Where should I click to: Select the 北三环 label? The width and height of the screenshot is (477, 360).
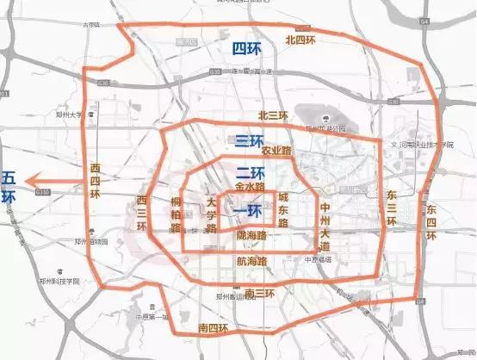click(274, 115)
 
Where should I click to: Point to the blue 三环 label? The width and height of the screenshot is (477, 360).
click(249, 140)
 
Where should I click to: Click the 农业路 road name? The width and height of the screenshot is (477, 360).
click(278, 151)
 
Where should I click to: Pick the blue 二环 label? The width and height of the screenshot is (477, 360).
click(249, 171)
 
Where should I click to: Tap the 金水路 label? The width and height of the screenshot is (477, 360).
click(250, 185)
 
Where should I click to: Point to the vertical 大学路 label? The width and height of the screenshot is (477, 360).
click(211, 215)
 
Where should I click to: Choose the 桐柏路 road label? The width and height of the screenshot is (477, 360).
click(176, 215)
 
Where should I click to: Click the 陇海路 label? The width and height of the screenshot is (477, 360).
click(250, 234)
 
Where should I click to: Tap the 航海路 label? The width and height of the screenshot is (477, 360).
click(251, 259)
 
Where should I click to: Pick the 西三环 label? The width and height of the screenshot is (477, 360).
click(143, 213)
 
